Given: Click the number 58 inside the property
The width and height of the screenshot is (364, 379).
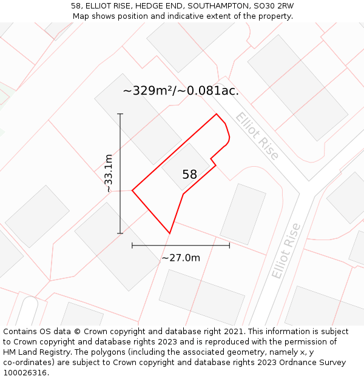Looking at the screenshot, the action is pos(189,175).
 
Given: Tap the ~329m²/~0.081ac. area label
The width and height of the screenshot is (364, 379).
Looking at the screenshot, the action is pos(181,91).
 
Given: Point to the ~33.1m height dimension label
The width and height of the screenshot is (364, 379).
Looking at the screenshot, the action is pos(109,173).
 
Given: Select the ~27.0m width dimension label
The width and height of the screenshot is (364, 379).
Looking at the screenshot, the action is pos(181,258).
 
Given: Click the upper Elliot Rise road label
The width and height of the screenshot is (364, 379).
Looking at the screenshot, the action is pos(258,136).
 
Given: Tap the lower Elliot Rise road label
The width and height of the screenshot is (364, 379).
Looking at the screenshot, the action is pos(286,251).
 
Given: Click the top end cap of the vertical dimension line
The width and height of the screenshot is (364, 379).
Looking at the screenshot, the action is pos(120,114).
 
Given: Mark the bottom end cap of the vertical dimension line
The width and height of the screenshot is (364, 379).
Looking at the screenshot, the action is pos(120,233).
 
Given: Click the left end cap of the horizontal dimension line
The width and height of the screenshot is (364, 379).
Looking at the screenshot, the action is pos(132,246).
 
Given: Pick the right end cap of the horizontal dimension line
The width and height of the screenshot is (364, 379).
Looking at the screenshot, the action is pos(229,246).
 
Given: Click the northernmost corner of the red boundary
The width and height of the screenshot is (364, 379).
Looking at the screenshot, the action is pos(217,114).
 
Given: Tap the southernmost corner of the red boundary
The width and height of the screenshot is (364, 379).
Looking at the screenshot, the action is pos(169,233).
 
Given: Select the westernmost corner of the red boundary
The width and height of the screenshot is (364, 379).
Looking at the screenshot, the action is pos(132,191).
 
